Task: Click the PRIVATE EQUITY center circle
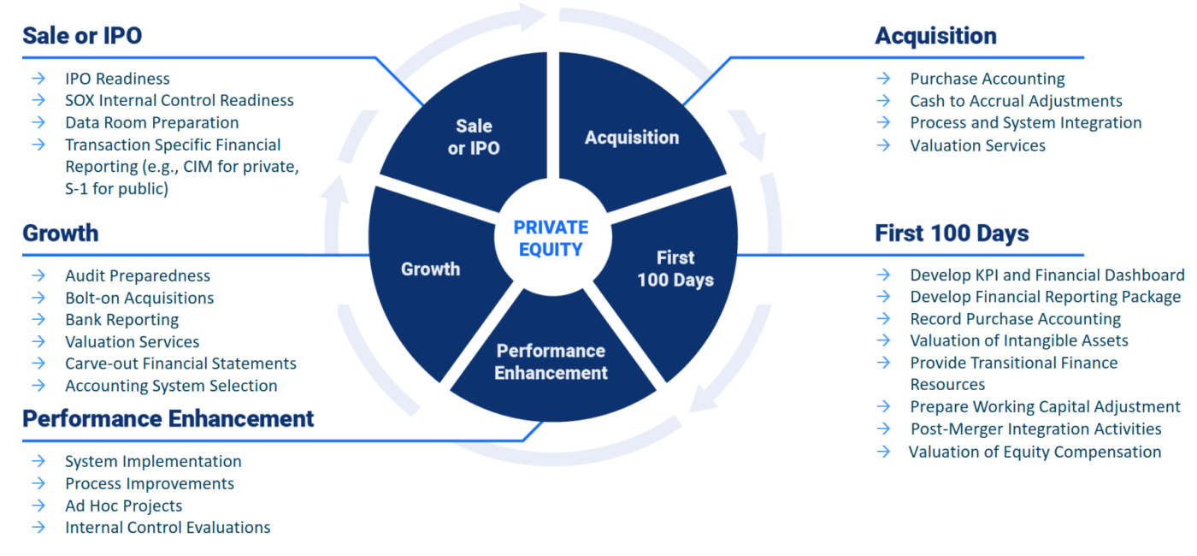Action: [x=551, y=239]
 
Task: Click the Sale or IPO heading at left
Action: [x=82, y=35]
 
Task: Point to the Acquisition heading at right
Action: [x=935, y=35]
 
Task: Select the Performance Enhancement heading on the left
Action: [x=168, y=418]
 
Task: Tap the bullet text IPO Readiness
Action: [x=117, y=79]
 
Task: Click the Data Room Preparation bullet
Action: [x=151, y=122]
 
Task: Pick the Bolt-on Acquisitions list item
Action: [x=139, y=298]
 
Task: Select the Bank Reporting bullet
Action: [x=121, y=320]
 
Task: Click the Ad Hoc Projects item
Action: [x=123, y=506]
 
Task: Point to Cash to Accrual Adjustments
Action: [x=1016, y=101]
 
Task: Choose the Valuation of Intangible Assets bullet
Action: [x=1018, y=340]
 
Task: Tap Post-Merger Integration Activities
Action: [x=1035, y=429]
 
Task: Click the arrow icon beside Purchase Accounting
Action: [x=883, y=79]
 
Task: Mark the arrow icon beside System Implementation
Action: [x=38, y=461]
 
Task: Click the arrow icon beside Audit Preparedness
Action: [x=38, y=275]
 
